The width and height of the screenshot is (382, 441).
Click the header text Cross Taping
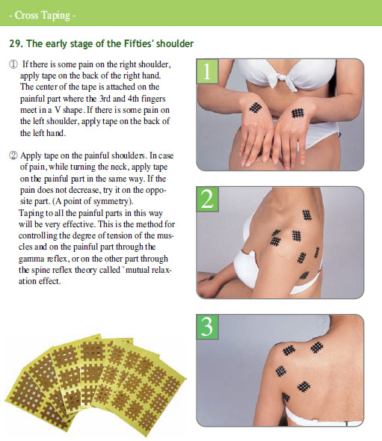[x=42, y=15]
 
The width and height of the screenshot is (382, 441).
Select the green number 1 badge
[x=207, y=71]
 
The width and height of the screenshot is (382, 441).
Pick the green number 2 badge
[x=207, y=199]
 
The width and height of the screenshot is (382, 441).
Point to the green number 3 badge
[x=207, y=327]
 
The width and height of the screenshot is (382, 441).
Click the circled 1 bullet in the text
[x=13, y=64]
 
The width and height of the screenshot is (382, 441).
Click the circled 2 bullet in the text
[x=13, y=155]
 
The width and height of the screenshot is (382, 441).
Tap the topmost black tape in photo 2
[x=307, y=215]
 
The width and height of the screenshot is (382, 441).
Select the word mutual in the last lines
[x=137, y=271]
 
